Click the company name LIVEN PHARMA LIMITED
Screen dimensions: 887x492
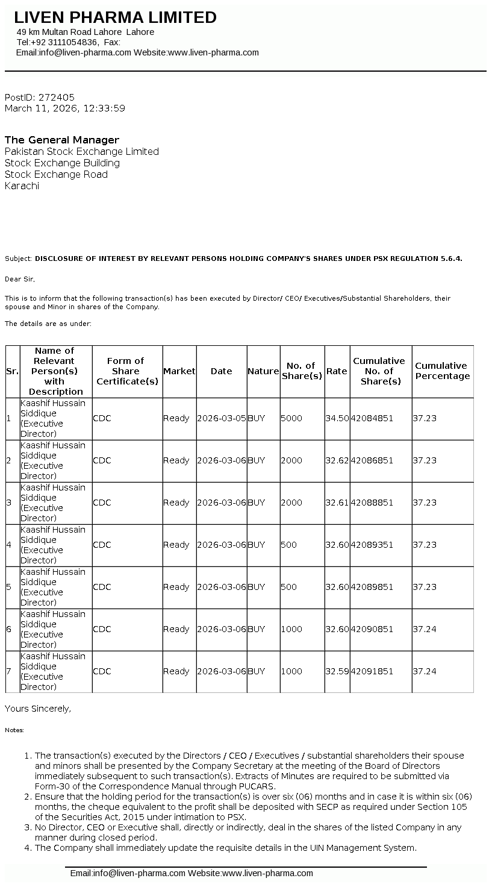(115, 17)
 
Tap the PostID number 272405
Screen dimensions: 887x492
(57, 97)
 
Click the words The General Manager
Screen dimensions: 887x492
(62, 140)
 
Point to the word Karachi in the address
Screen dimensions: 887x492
(22, 186)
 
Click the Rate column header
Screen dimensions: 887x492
(337, 371)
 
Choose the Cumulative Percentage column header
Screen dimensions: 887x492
(442, 371)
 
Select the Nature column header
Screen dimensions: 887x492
(263, 371)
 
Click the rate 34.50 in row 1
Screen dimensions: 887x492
(337, 418)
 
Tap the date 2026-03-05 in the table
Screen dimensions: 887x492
(221, 418)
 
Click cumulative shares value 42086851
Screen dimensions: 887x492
(372, 460)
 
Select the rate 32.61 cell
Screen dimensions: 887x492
(337, 503)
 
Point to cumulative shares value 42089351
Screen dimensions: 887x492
(372, 545)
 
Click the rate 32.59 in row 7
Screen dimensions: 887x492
(337, 671)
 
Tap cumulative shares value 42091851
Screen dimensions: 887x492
(372, 671)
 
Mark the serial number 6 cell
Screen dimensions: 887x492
(9, 629)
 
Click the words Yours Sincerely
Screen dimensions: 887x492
(37, 709)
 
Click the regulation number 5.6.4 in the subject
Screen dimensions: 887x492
(451, 259)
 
